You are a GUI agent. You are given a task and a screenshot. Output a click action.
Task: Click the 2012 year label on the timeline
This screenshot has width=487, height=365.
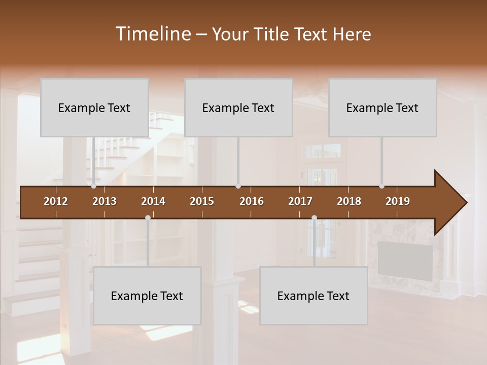pyautogui.click(x=56, y=201)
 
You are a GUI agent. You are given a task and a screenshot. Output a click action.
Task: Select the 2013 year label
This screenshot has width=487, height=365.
pyautogui.click(x=105, y=201)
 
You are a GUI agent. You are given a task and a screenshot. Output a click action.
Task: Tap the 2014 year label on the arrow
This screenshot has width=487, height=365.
pyautogui.click(x=153, y=201)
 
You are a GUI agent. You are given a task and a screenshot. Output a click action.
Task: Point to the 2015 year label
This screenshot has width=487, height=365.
pyautogui.click(x=202, y=201)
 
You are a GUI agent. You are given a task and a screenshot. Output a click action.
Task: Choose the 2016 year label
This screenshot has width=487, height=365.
pyautogui.click(x=252, y=201)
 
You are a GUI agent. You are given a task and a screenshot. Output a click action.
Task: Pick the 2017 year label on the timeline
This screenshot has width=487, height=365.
pyautogui.click(x=300, y=201)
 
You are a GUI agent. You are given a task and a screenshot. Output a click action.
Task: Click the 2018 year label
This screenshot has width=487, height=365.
pyautogui.click(x=349, y=201)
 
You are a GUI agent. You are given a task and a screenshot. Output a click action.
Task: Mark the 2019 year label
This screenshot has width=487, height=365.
pyautogui.click(x=398, y=201)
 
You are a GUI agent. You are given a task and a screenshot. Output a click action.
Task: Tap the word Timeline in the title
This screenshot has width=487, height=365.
pyautogui.click(x=152, y=34)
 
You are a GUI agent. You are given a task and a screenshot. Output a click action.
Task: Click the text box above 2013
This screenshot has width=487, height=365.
pyautogui.click(x=94, y=107)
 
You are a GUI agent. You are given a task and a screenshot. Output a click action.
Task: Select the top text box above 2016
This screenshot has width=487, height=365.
pyautogui.click(x=238, y=107)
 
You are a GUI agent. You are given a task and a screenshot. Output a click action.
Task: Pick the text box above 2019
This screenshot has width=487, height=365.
pyautogui.click(x=382, y=107)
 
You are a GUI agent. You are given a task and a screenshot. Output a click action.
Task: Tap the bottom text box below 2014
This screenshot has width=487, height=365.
pyautogui.click(x=147, y=296)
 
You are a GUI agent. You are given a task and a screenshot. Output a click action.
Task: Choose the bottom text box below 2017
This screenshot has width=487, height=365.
pyautogui.click(x=314, y=296)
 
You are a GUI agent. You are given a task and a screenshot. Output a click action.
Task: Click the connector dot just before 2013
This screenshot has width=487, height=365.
pyautogui.click(x=94, y=186)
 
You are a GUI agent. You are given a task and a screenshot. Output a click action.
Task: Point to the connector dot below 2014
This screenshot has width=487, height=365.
pyautogui.click(x=148, y=218)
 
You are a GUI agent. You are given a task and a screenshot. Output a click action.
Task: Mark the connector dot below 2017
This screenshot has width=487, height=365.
pyautogui.click(x=314, y=218)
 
